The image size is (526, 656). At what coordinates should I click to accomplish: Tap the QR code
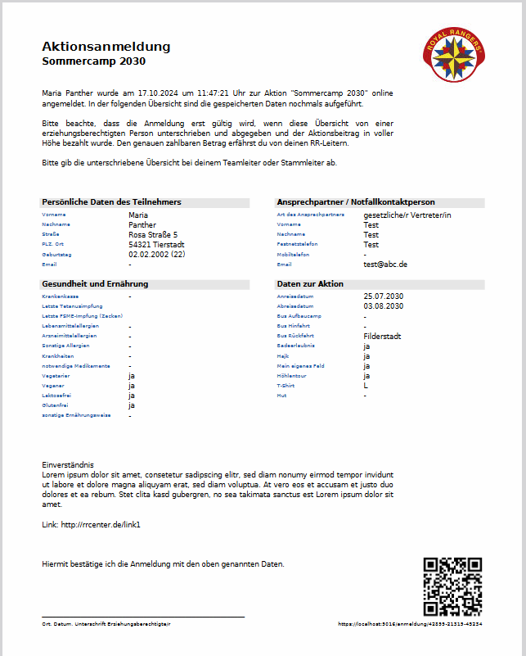click(x=452, y=586)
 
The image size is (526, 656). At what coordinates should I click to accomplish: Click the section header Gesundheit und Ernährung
click(x=95, y=283)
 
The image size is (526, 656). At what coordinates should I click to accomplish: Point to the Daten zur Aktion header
click(x=310, y=283)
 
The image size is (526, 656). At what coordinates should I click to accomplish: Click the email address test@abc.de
click(x=385, y=265)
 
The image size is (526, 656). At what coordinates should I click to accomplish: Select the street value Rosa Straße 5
click(x=153, y=234)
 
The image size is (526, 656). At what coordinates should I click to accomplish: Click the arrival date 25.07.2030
click(x=384, y=296)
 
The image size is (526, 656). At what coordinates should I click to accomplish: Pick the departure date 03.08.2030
click(x=384, y=305)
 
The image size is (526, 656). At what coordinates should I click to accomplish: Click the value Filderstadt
click(x=382, y=336)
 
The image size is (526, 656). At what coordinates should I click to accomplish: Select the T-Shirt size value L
click(x=366, y=385)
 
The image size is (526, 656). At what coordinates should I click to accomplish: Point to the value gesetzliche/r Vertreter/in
click(x=407, y=215)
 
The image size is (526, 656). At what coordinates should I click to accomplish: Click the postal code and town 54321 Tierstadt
click(x=156, y=244)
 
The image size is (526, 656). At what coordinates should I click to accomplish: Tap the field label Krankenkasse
click(x=60, y=296)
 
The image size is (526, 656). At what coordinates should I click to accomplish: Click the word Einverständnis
click(x=68, y=464)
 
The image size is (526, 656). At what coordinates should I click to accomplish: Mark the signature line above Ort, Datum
click(x=143, y=617)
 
